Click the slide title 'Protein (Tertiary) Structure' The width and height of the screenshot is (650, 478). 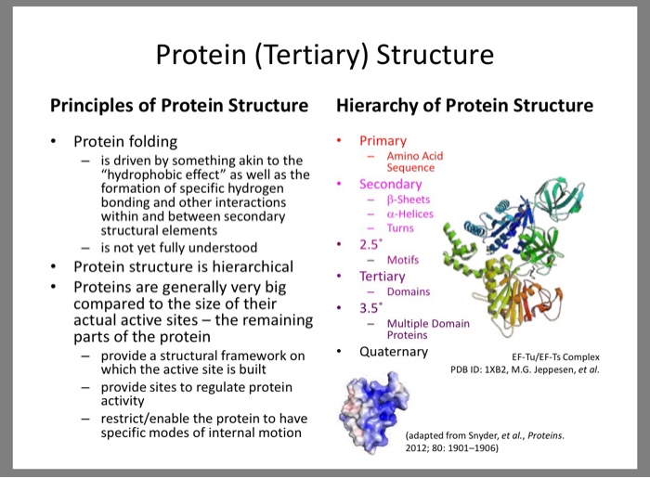click(324, 56)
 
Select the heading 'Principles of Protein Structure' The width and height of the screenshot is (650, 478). click(178, 105)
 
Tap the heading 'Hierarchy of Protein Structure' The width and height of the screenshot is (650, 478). click(464, 105)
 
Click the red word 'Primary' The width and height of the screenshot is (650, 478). click(383, 141)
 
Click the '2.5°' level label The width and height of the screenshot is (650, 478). click(372, 245)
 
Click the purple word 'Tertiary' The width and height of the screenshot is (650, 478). click(383, 277)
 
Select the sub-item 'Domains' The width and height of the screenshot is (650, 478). click(409, 291)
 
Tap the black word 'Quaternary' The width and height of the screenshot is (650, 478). click(394, 352)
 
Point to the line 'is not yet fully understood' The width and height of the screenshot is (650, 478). click(179, 248)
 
